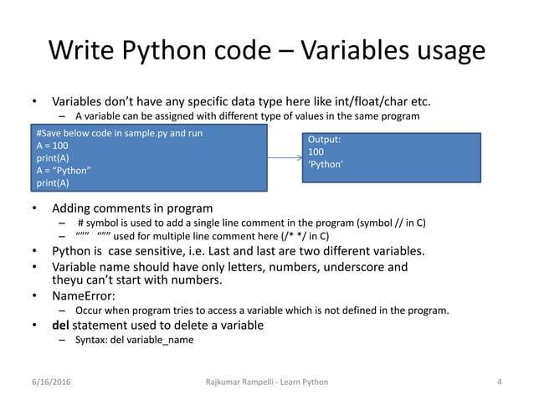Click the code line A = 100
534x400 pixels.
53,146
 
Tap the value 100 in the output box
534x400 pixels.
316,152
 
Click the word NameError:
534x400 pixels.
84,295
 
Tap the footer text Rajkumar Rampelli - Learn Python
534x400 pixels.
267,382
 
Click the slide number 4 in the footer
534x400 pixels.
499,382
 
